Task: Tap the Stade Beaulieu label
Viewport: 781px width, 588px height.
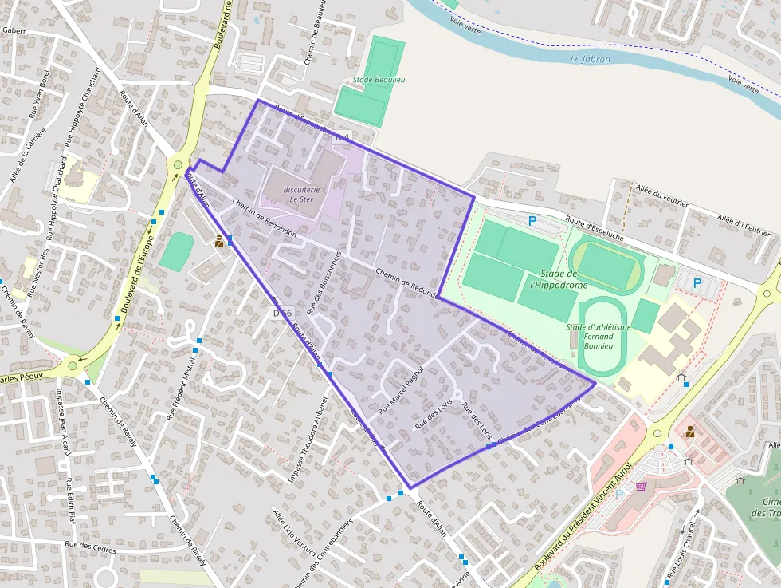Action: (379, 80)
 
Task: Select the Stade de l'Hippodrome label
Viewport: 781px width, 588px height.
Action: (558, 279)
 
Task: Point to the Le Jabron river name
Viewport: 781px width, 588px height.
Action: (591, 59)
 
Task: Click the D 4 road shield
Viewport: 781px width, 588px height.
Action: (343, 138)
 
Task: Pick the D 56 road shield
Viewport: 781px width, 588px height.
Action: (282, 313)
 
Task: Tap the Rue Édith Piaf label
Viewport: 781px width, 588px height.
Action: (71, 500)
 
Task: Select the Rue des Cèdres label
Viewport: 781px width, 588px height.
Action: (89, 548)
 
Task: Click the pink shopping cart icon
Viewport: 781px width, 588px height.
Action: (641, 486)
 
